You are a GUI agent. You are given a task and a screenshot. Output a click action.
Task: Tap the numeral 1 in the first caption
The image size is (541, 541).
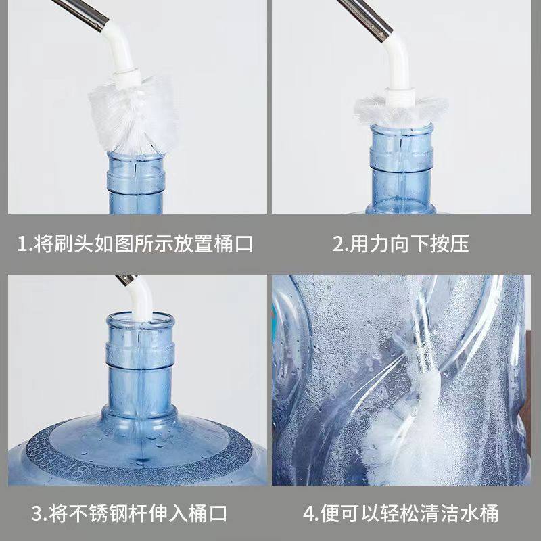pyautogui.click(x=21, y=243)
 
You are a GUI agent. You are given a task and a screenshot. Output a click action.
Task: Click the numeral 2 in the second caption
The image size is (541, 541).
pyautogui.click(x=338, y=243)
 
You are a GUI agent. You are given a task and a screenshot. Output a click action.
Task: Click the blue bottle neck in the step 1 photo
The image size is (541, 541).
pyautogui.click(x=135, y=176)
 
